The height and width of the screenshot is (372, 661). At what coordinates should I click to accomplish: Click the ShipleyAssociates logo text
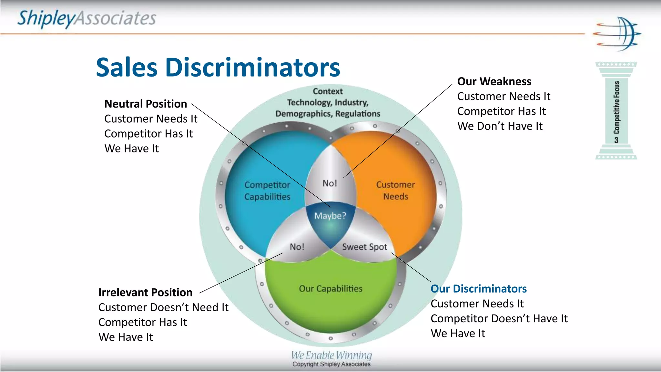[86, 18]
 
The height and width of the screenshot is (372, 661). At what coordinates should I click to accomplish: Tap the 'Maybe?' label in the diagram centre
[330, 216]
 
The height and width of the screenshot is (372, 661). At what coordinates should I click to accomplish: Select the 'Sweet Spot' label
[364, 247]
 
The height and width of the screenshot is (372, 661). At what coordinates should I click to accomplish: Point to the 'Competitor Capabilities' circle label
[267, 191]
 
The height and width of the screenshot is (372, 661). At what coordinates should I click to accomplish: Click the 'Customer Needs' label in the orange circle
[395, 191]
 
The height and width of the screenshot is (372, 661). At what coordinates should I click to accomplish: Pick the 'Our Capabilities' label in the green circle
[330, 288]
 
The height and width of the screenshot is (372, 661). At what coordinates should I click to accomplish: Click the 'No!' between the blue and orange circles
[330, 183]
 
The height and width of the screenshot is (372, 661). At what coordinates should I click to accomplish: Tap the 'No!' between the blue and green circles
[297, 247]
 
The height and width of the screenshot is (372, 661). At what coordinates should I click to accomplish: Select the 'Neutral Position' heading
[146, 104]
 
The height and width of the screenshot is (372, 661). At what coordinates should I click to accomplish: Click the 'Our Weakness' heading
[494, 81]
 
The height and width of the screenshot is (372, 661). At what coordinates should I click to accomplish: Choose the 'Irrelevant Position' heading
[145, 293]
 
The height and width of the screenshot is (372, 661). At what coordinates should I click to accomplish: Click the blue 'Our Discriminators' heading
[478, 289]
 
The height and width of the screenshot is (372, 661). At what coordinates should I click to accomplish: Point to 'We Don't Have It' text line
[500, 126]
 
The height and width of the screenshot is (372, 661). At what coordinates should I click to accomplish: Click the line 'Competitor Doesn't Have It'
[499, 318]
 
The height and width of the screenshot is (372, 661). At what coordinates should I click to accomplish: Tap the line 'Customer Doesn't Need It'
[163, 307]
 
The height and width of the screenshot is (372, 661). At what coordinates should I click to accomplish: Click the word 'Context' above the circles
[328, 91]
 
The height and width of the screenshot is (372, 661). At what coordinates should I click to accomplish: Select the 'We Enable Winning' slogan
[331, 355]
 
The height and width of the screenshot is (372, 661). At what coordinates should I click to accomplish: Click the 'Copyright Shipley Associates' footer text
[331, 364]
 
